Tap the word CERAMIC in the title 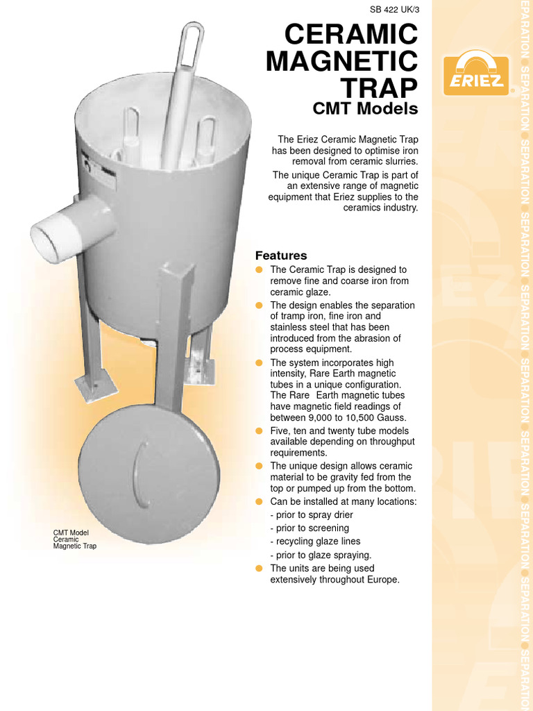pos(352,35)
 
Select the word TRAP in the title pos(380,88)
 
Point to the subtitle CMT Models pos(366,109)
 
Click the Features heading pos(281,256)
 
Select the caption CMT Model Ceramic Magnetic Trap pos(75,539)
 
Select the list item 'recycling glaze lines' pos(318,541)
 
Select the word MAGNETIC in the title pos(342,62)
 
